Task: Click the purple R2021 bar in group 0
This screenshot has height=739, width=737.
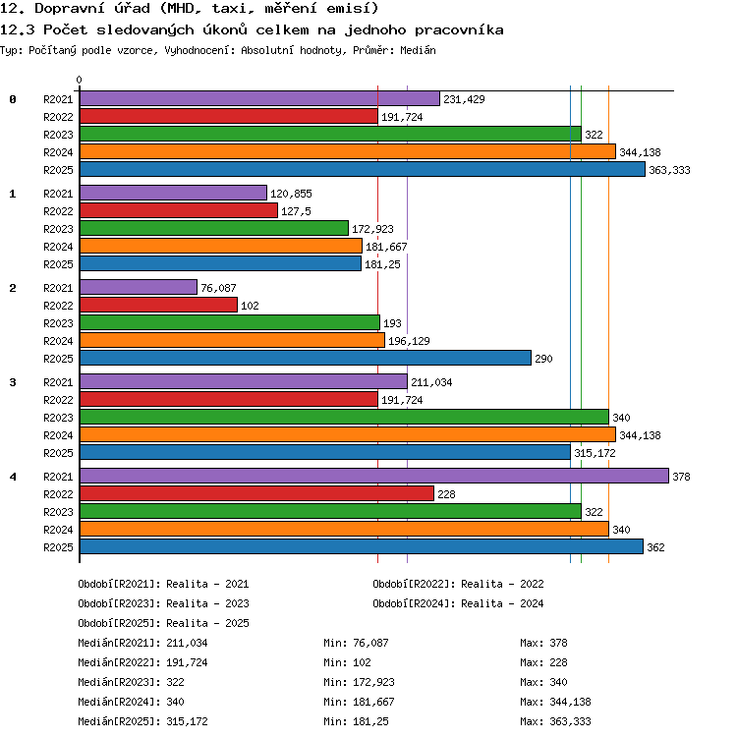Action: tap(259, 99)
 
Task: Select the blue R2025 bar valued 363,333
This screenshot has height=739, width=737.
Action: tap(363, 170)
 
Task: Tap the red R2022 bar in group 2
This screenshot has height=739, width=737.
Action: tap(158, 306)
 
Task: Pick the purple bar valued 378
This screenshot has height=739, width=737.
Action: tap(374, 476)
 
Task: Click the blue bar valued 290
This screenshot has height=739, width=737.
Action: tap(306, 358)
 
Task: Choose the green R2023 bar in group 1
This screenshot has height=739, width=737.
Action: tap(214, 229)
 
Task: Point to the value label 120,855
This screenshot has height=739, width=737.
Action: tap(291, 194)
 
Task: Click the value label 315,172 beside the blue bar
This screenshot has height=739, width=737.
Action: tap(595, 453)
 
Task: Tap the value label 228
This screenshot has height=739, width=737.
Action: tap(446, 494)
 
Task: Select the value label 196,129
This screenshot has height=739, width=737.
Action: tap(409, 341)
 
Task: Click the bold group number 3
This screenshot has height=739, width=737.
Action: tap(13, 382)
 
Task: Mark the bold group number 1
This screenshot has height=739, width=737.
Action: tap(13, 194)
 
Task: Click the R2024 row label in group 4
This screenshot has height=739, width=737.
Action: tap(58, 530)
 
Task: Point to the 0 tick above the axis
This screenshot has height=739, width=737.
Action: tap(80, 80)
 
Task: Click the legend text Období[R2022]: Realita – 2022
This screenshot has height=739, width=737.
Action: tap(458, 585)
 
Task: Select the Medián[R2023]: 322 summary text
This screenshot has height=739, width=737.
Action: tap(131, 682)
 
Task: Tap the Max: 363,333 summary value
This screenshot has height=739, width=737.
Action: tap(555, 721)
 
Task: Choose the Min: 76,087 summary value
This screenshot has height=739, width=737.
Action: tap(357, 643)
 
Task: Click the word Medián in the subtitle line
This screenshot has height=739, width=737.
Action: tap(418, 50)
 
